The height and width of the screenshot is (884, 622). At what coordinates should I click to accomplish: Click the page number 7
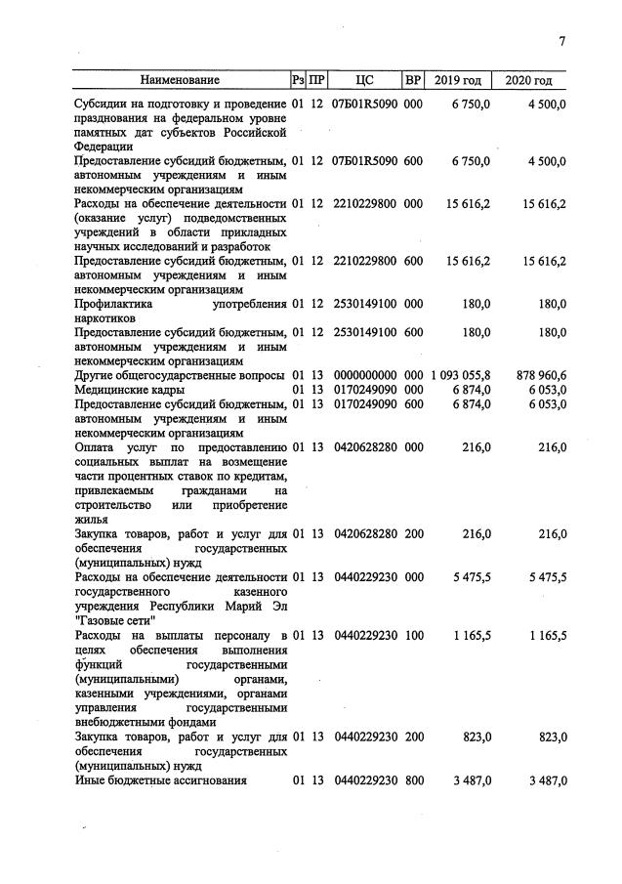click(x=562, y=40)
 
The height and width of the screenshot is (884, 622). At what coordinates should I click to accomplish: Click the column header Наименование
click(x=180, y=80)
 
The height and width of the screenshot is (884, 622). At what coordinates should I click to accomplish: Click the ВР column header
click(x=413, y=80)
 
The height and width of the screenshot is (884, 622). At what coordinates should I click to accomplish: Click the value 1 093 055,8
click(x=459, y=375)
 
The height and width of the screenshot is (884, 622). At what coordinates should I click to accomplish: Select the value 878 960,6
click(x=535, y=375)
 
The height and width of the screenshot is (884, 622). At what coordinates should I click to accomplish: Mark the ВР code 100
click(x=413, y=635)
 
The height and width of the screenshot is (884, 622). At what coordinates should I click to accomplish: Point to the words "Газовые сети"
click(x=113, y=619)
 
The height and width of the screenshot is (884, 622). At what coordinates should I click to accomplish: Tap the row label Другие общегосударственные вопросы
click(x=179, y=375)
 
